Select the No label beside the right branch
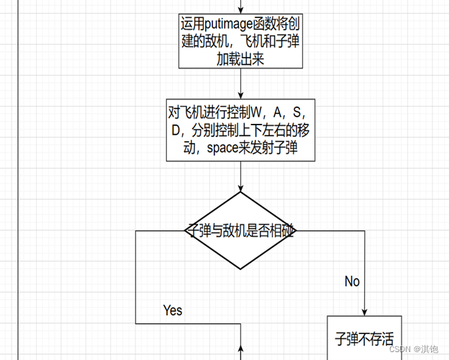tap(352, 281)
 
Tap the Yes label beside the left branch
tap(173, 310)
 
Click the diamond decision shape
tap(240, 231)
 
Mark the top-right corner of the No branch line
tap(365, 231)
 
